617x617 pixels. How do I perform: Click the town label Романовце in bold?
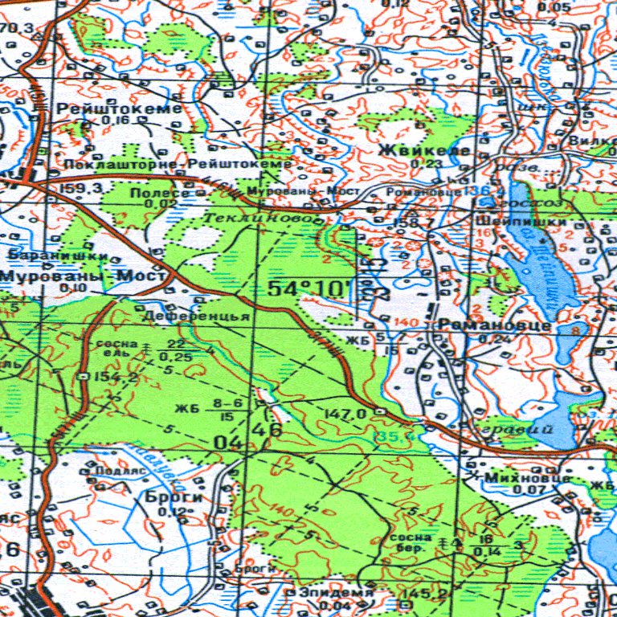493,325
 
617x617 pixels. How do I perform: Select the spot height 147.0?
345,413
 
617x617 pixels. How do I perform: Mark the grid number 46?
268,430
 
